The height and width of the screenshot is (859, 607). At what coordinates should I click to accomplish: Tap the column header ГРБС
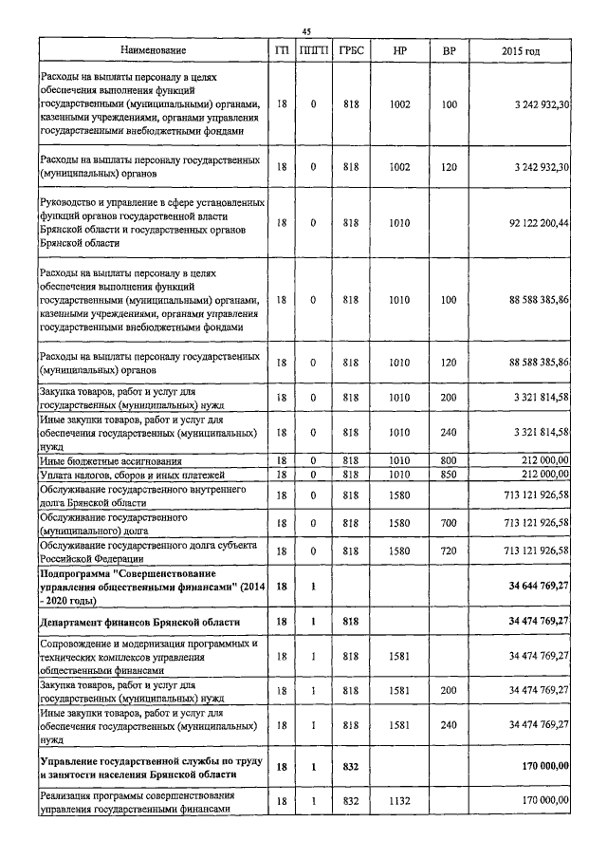[351, 49]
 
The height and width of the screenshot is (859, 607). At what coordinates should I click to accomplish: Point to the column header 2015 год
[524, 49]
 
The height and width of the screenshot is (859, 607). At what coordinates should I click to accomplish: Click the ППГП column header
[314, 49]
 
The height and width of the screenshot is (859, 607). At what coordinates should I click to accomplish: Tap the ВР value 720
[449, 551]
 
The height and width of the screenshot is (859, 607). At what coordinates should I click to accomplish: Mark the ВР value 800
[449, 461]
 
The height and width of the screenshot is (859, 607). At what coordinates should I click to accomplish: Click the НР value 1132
[399, 801]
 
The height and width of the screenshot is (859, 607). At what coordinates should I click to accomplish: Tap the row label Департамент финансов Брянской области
[138, 622]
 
